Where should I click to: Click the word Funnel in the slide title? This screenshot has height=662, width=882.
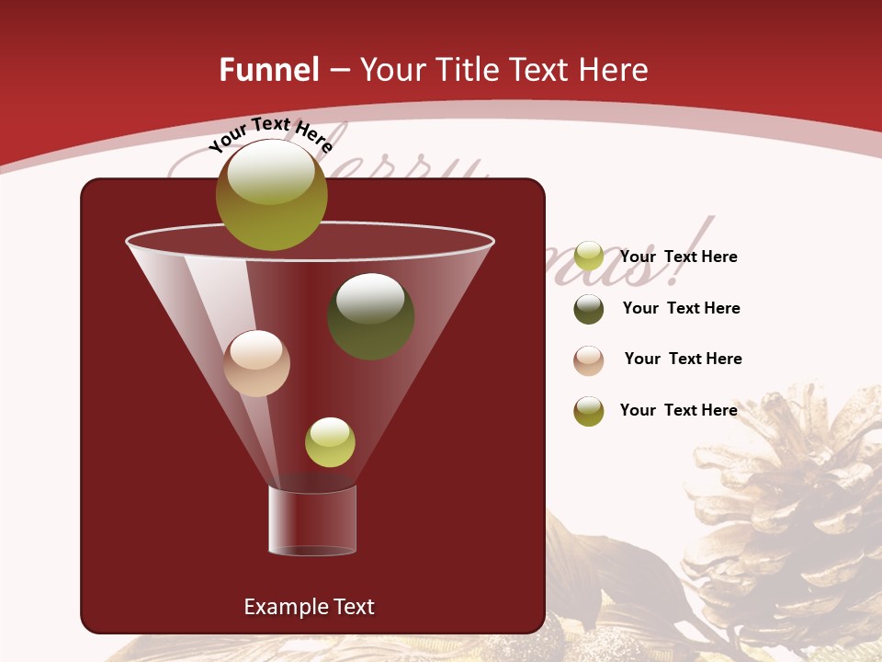268,70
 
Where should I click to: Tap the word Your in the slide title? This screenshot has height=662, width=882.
392,70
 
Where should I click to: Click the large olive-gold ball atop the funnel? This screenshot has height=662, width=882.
271,194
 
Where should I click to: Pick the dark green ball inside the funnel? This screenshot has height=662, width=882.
370,315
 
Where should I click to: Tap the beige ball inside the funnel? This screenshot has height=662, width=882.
256,363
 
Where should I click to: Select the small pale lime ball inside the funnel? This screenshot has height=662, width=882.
330,441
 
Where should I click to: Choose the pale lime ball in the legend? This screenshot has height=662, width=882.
588,257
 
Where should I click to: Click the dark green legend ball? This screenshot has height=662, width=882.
588,309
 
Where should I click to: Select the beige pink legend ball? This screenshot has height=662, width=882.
588,360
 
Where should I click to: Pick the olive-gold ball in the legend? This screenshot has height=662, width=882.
588,411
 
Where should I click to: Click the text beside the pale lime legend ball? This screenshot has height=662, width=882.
678,257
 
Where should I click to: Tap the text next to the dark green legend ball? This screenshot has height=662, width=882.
681,308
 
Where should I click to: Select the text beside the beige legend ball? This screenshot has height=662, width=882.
683,359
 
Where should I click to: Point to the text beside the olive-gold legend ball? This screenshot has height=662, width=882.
678,410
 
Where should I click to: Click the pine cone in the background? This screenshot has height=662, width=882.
790,515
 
